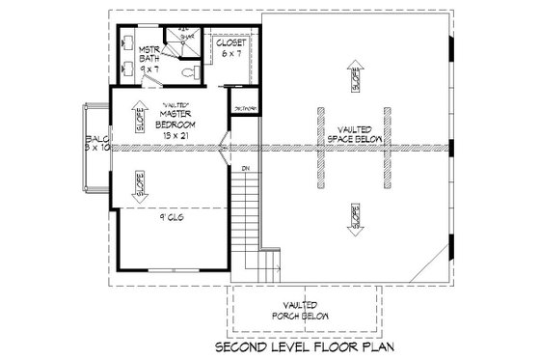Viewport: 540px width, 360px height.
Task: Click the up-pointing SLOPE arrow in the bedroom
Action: pos(142,110)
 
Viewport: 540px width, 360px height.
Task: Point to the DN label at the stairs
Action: pos(246,170)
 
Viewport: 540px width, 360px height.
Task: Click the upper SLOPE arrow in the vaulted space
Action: pos(359,79)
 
